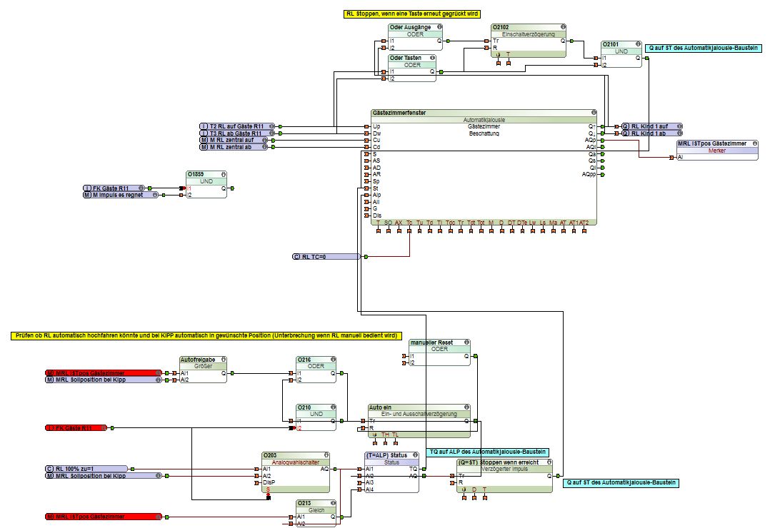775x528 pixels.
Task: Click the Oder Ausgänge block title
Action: [x=410, y=26]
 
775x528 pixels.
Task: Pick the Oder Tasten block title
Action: [x=406, y=57]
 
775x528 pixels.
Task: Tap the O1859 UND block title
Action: [x=196, y=173]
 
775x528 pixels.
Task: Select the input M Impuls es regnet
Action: [x=120, y=195]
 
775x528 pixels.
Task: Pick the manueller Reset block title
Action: [x=431, y=342]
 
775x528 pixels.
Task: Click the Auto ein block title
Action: [x=381, y=407]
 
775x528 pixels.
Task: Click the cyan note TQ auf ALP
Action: [x=488, y=452]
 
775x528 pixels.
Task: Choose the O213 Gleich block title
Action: [x=306, y=502]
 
